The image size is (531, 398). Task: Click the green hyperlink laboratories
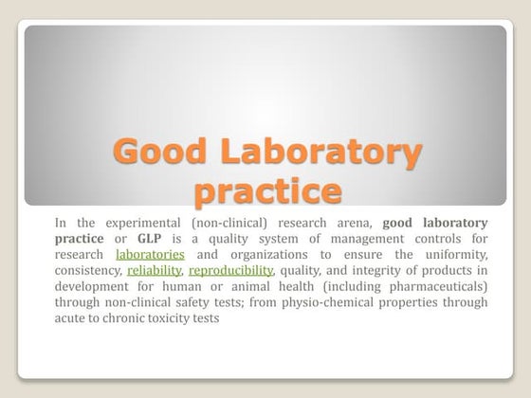tap(150, 254)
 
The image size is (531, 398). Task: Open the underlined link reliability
tap(154, 270)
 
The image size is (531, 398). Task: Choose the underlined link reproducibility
tap(230, 270)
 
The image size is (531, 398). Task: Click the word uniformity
tap(452, 254)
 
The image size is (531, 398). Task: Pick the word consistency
tap(88, 270)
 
